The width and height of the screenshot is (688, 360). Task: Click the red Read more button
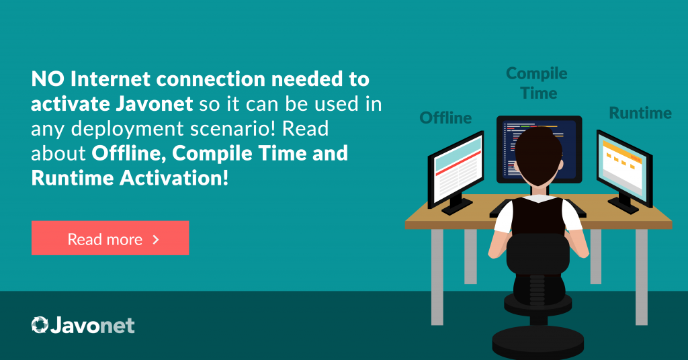coord(110,238)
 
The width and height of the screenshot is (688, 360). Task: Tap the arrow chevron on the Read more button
coord(155,239)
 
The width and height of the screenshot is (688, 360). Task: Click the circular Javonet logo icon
coord(40,325)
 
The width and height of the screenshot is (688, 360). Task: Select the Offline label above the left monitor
coord(445,118)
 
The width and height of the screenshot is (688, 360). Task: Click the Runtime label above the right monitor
coord(640,113)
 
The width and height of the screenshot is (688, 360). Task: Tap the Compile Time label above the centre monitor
coord(537,83)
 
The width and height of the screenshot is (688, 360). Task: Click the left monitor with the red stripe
coord(456,172)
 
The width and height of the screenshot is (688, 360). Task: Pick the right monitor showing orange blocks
coord(624,171)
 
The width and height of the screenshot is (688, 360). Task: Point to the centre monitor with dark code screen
coord(540,149)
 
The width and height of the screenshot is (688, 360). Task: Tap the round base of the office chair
coord(538,342)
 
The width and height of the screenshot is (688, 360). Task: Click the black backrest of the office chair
coord(538,255)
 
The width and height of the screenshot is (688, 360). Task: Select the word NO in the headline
coord(48,79)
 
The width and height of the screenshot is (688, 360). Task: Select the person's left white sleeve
coord(503,216)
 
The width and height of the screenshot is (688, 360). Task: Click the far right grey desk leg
coord(642,277)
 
